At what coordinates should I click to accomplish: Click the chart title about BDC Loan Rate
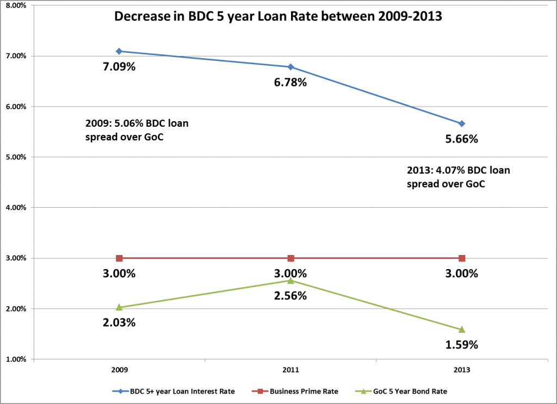point(277,17)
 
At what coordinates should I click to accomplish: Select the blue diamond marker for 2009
point(119,51)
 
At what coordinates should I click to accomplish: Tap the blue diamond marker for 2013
point(462,123)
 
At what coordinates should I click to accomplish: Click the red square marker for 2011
point(290,258)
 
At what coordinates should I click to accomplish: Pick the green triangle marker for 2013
point(462,329)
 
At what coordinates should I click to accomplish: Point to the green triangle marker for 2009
point(119,307)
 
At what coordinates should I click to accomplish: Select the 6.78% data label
point(290,83)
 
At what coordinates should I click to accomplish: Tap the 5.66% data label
point(462,139)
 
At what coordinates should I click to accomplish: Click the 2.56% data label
point(290,296)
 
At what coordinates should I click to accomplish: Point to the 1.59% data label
point(462,344)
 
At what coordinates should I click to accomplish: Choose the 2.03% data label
point(119,322)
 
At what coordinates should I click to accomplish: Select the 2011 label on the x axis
point(290,370)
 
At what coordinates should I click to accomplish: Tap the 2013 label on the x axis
point(462,370)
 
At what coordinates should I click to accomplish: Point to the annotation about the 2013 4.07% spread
point(458,177)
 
